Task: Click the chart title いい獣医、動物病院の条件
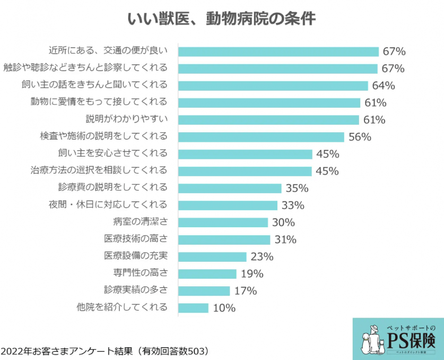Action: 222,19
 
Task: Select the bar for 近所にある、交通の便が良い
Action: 278,52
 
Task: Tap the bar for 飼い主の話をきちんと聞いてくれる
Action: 273,85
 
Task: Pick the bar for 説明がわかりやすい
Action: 268,119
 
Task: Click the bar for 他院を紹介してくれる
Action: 194,308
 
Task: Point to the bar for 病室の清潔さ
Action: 223,222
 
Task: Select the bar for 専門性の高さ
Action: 207,274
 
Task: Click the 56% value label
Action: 360,137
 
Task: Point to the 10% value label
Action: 224,308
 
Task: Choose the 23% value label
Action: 262,257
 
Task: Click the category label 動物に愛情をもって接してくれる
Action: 99,101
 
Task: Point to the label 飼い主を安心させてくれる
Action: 112,153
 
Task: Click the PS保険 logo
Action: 398,339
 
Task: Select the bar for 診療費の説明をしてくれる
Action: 230,188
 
